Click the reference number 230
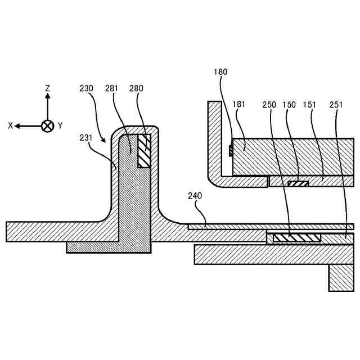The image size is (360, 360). (87, 88)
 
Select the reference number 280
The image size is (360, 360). (136, 88)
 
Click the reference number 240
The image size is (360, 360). (195, 196)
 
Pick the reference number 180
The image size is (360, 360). (220, 72)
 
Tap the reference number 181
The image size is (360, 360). (239, 104)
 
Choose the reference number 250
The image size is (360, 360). (269, 104)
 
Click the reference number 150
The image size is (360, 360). (289, 104)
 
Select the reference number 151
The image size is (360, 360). (309, 104)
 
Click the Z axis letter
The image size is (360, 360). (48, 88)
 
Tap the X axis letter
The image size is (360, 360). (10, 126)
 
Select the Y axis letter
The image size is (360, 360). (60, 126)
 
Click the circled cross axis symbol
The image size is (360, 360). (48, 126)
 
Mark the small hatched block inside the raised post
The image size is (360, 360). (145, 150)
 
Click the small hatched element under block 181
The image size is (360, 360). (298, 183)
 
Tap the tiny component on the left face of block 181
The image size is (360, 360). (231, 150)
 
